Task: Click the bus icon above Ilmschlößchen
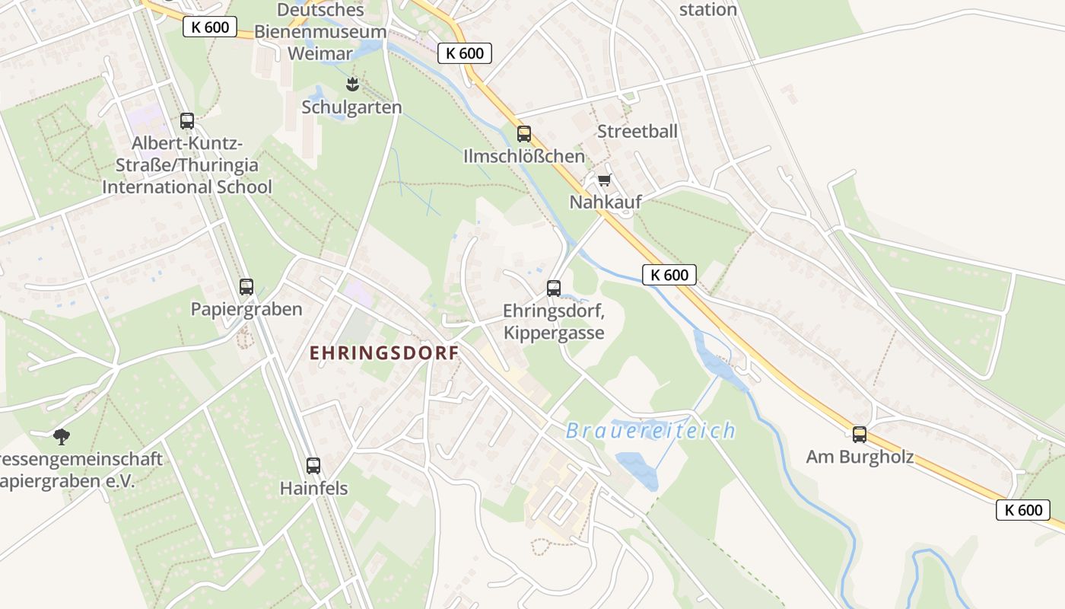tap(523, 134)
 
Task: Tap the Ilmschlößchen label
tap(524, 157)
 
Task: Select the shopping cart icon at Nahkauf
tap(604, 180)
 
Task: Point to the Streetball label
tap(637, 131)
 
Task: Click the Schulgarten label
tap(351, 107)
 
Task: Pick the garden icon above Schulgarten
tap(351, 83)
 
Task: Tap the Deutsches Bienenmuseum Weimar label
tap(320, 32)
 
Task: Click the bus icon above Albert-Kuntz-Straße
tap(186, 120)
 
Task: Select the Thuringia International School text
tap(187, 176)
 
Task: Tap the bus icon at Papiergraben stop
tap(246, 287)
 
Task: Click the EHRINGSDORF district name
tap(384, 353)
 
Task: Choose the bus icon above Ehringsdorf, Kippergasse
tap(553, 289)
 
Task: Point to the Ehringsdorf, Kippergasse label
tap(553, 322)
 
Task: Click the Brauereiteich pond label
tap(650, 431)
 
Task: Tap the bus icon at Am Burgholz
tap(859, 435)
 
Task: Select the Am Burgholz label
tap(860, 458)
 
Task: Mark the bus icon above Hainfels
tap(313, 466)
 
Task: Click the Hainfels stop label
tap(313, 488)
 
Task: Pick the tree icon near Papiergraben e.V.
tap(61, 436)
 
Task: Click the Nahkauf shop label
tap(606, 202)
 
